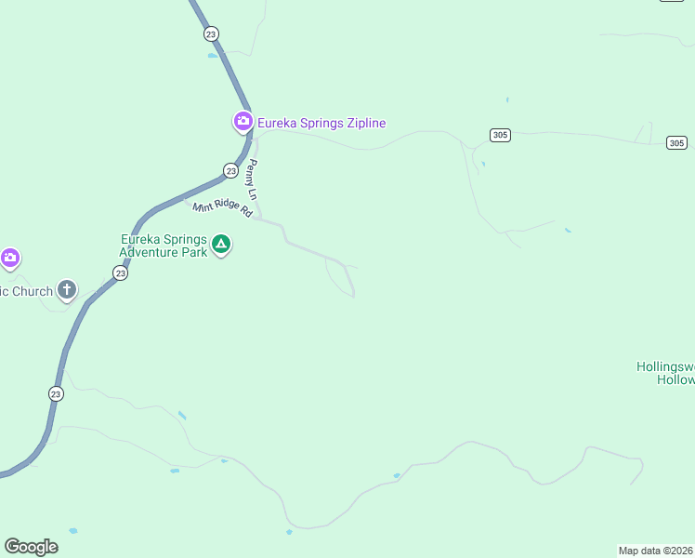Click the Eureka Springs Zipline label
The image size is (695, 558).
(x=321, y=123)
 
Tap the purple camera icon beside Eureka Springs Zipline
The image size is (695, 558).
(x=243, y=122)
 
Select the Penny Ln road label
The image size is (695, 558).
(x=252, y=178)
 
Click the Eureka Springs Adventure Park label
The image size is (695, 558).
(x=164, y=246)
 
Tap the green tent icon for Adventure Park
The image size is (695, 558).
(x=221, y=245)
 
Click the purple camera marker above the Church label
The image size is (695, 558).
(x=9, y=258)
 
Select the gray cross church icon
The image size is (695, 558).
(x=67, y=290)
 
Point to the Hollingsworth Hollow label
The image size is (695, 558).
(x=665, y=373)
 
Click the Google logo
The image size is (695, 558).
(x=31, y=547)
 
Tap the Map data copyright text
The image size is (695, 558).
(x=656, y=551)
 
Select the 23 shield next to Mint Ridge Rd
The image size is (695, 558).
(x=230, y=170)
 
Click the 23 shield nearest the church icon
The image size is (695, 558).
(x=120, y=272)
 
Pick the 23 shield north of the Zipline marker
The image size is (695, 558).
(x=212, y=33)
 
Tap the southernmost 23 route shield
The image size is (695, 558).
(x=56, y=393)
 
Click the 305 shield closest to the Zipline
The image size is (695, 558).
(x=500, y=136)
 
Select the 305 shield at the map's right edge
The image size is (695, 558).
(x=676, y=142)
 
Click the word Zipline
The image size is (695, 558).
(x=363, y=123)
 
